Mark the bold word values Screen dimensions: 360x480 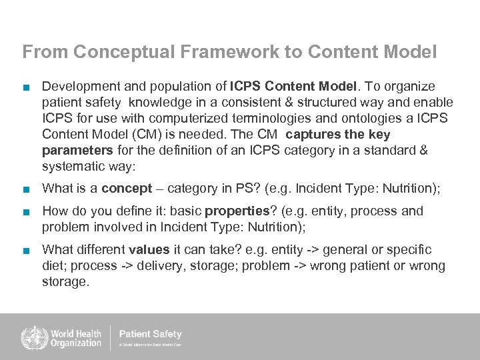pyautogui.click(x=148, y=250)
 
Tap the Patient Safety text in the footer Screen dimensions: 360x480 pyautogui.click(x=150, y=334)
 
